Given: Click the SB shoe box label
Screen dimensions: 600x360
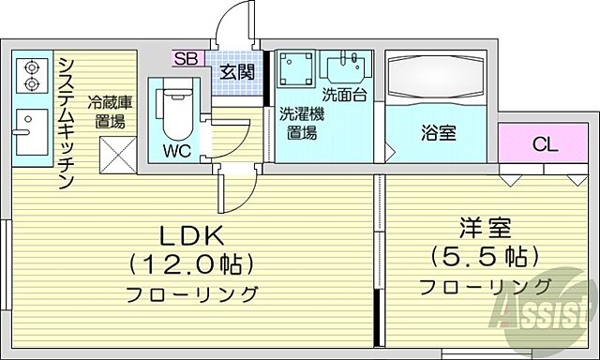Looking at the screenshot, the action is point(185,58).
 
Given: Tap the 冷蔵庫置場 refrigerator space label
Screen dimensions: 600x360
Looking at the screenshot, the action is point(110,112).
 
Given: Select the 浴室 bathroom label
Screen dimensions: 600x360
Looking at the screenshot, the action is point(437,132).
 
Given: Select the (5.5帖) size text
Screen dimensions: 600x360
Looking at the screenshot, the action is point(485,255).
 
